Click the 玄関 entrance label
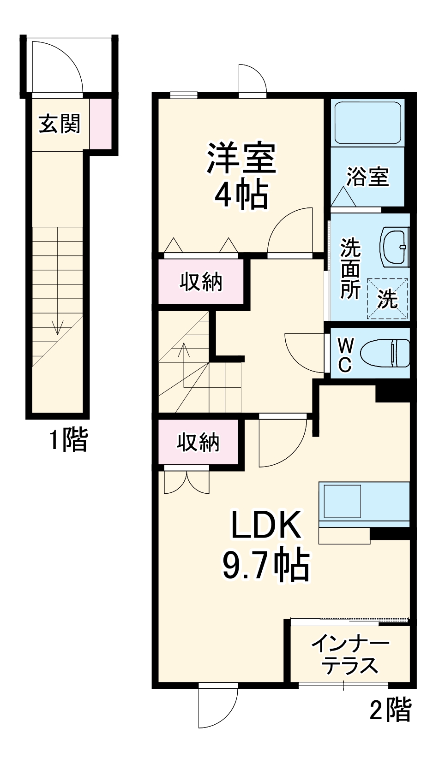pos(59,124)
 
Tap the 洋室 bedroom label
pos(241,158)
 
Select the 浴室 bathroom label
pos(367,176)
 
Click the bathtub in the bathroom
pos(367,123)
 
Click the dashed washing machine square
pos(387,299)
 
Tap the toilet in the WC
pos(385,353)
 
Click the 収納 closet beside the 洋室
pos(201,282)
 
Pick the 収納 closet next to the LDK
pos(198,442)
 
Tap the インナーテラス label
pos(350,655)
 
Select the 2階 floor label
pos(391,710)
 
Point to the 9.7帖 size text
pos(266,565)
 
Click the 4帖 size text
pos(241,195)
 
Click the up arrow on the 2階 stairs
pos(184,350)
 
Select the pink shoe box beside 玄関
pos(100,124)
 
